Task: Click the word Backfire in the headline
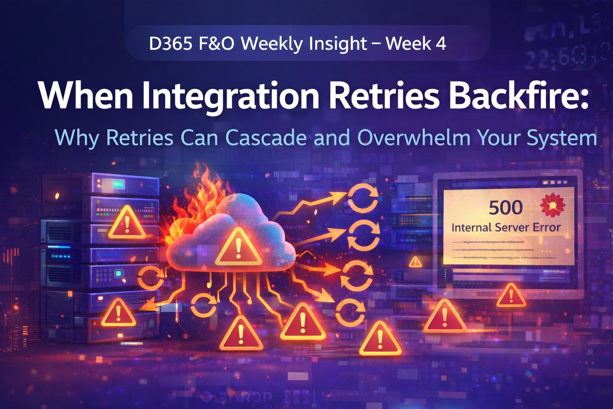tap(520, 96)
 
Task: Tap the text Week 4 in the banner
tap(416, 43)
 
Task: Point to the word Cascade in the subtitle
tap(266, 138)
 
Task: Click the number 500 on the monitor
tap(506, 208)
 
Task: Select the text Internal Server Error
tap(506, 227)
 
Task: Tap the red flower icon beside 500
tap(552, 205)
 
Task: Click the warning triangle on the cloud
tap(238, 248)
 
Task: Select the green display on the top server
tap(119, 184)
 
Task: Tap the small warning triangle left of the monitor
tap(415, 262)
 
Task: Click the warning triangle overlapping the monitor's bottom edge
tap(511, 296)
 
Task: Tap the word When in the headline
tap(86, 96)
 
